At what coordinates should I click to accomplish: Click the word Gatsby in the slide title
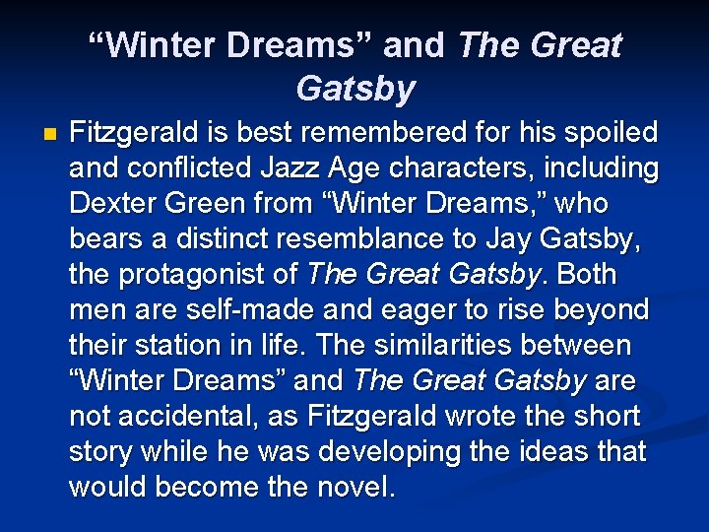pyautogui.click(x=354, y=89)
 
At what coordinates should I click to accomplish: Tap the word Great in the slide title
pyautogui.click(x=574, y=44)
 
